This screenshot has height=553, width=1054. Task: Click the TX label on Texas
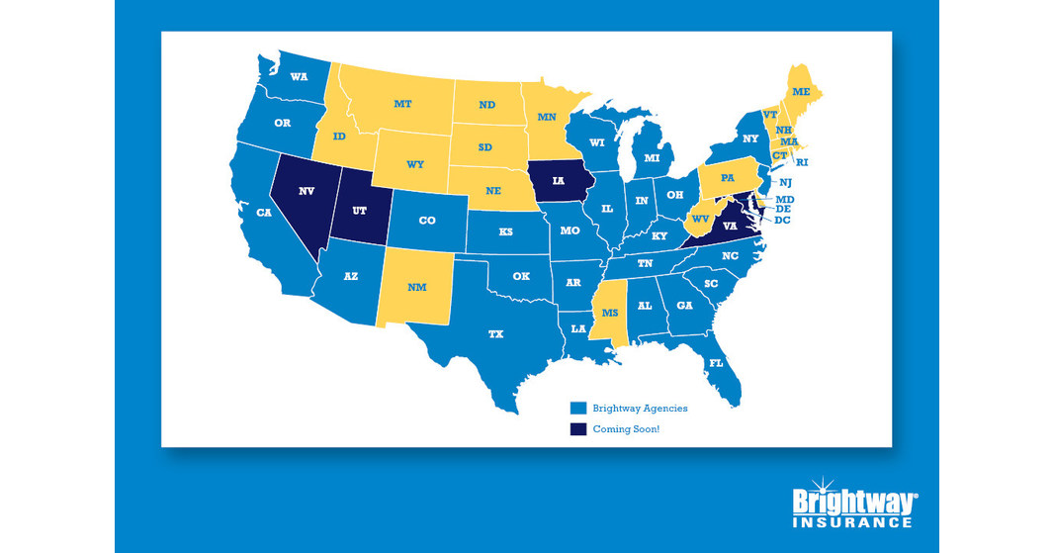click(x=495, y=334)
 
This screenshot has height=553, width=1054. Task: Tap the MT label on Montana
click(x=402, y=103)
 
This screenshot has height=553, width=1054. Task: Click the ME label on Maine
click(x=801, y=90)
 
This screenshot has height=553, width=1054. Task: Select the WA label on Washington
click(x=296, y=76)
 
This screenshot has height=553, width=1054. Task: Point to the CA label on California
click(x=264, y=213)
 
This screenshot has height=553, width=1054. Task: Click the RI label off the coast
click(x=802, y=161)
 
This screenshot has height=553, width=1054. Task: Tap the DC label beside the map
click(x=782, y=220)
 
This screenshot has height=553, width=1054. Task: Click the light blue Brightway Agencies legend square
click(x=578, y=408)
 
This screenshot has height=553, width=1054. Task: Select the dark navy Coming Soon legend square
click(x=578, y=429)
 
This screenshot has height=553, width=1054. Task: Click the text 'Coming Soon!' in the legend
click(x=627, y=429)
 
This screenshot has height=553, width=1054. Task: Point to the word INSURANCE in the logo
click(x=851, y=521)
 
